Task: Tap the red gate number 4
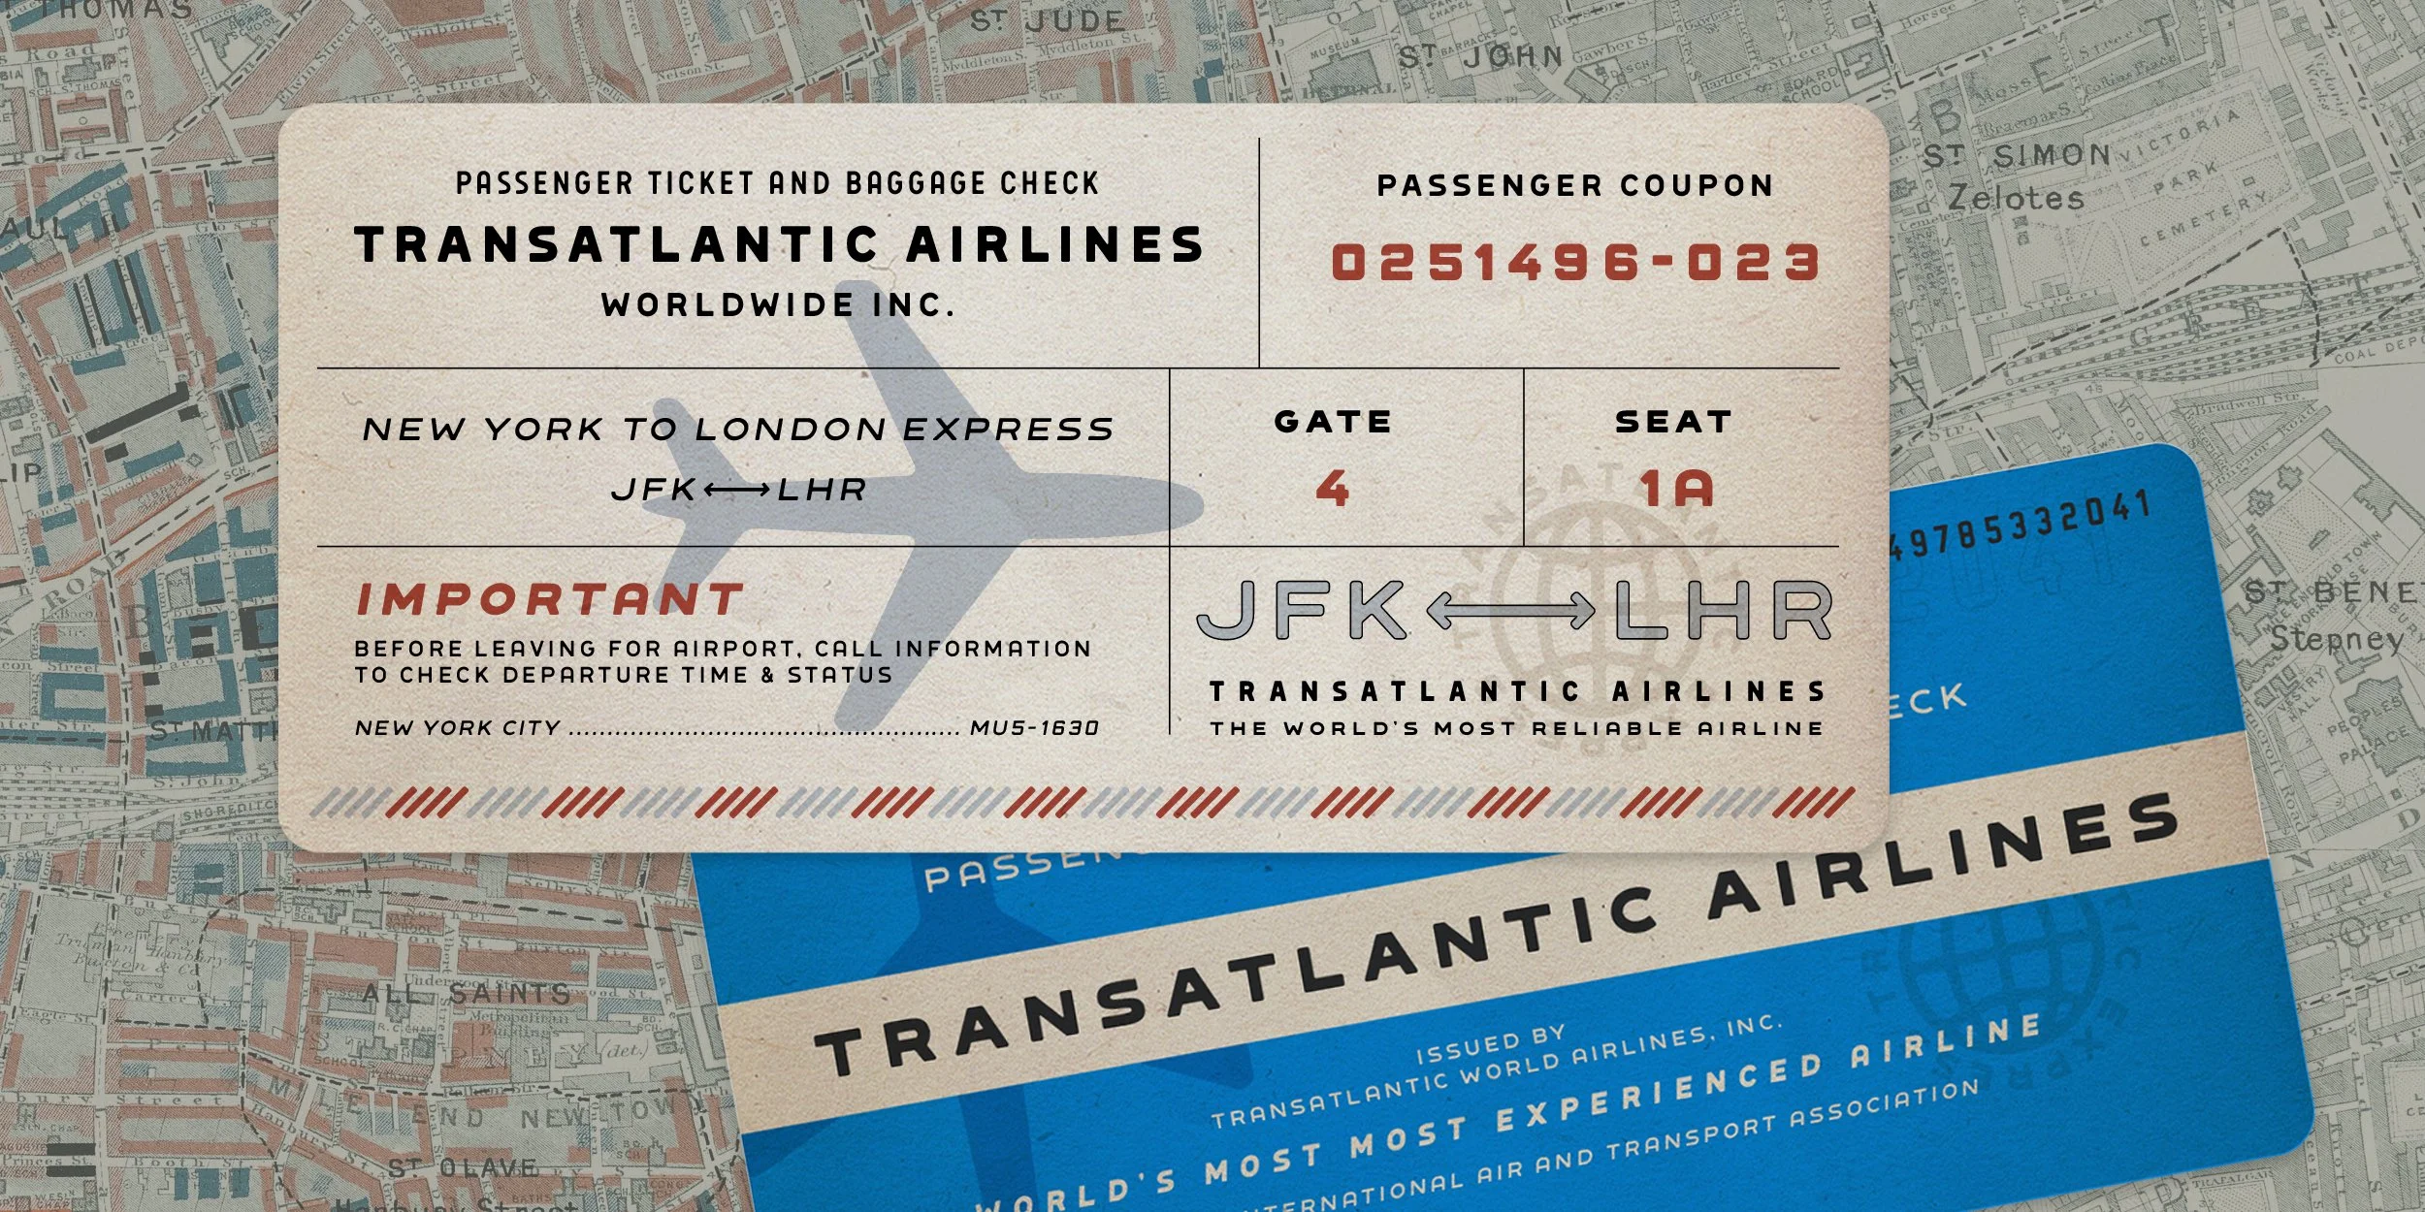[x=1333, y=488]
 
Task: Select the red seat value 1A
[x=1676, y=488]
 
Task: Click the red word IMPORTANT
[x=550, y=599]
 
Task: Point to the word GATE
[x=1333, y=422]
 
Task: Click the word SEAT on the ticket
[x=1673, y=422]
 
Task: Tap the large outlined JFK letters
[x=1302, y=611]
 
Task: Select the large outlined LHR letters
[x=1723, y=611]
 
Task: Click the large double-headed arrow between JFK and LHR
[x=1510, y=611]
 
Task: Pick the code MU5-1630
[x=1034, y=728]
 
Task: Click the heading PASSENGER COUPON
[x=1575, y=185]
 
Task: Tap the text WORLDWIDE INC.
[x=778, y=305]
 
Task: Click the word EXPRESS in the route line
[x=1009, y=430]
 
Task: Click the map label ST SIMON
[x=2018, y=155]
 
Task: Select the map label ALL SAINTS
[x=467, y=993]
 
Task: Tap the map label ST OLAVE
[x=463, y=1167]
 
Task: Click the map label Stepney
[x=2336, y=639]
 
